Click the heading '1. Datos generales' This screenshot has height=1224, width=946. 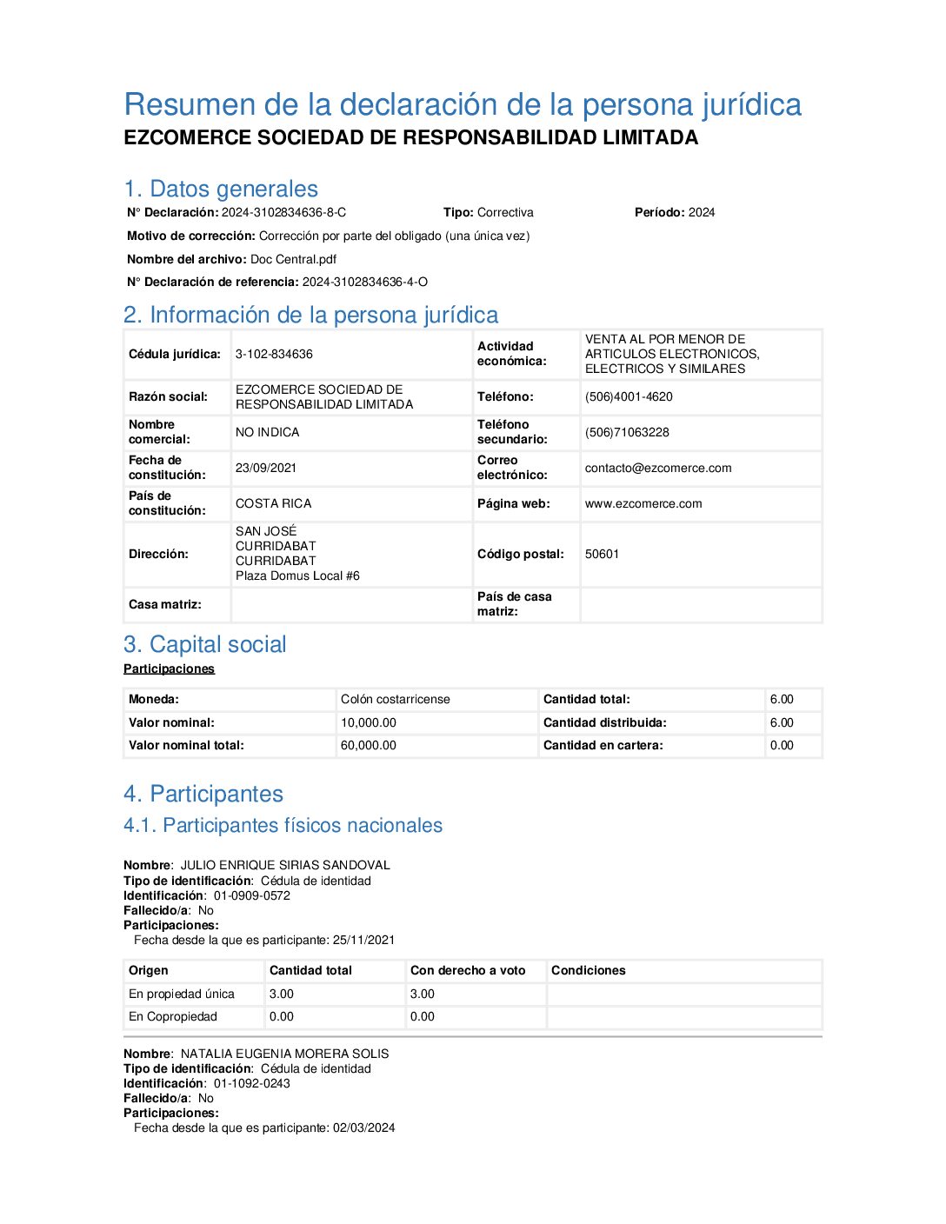click(x=221, y=189)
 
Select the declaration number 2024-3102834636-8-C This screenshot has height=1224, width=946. click(x=283, y=212)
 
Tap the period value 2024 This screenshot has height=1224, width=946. click(x=701, y=212)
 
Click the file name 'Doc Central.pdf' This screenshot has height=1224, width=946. click(x=293, y=259)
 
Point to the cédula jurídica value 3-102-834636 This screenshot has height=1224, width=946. click(x=274, y=354)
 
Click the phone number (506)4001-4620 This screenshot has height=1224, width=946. click(x=629, y=396)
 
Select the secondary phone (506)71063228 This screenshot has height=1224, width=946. click(x=627, y=432)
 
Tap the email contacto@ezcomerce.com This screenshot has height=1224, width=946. click(x=658, y=468)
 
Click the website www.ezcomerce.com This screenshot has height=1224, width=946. click(x=643, y=503)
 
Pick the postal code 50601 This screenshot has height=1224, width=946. click(x=602, y=554)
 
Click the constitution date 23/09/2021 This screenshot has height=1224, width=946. click(x=266, y=468)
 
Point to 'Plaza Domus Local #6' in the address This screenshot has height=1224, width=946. click(x=297, y=575)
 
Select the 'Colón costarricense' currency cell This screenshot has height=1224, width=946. click(x=396, y=699)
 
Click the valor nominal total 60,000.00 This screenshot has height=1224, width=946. click(x=369, y=745)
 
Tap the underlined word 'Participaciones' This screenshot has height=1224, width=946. click(x=169, y=669)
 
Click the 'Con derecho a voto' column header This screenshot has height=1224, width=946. click(x=468, y=970)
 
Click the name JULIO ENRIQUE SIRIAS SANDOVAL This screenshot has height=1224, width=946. click(x=285, y=865)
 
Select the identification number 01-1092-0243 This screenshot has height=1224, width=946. click(x=252, y=1083)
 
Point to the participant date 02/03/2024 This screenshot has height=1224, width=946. click(x=363, y=1128)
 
